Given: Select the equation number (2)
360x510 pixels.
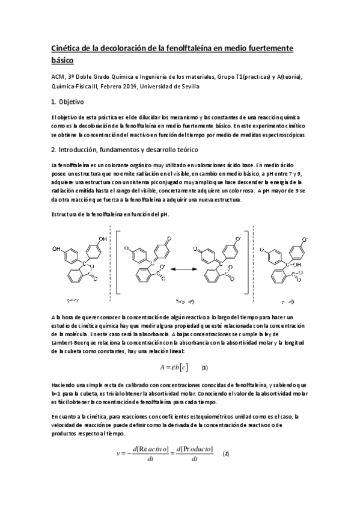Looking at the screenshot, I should tap(226, 453).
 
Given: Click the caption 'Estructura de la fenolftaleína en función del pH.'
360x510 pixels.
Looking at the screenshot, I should tap(106, 215).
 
